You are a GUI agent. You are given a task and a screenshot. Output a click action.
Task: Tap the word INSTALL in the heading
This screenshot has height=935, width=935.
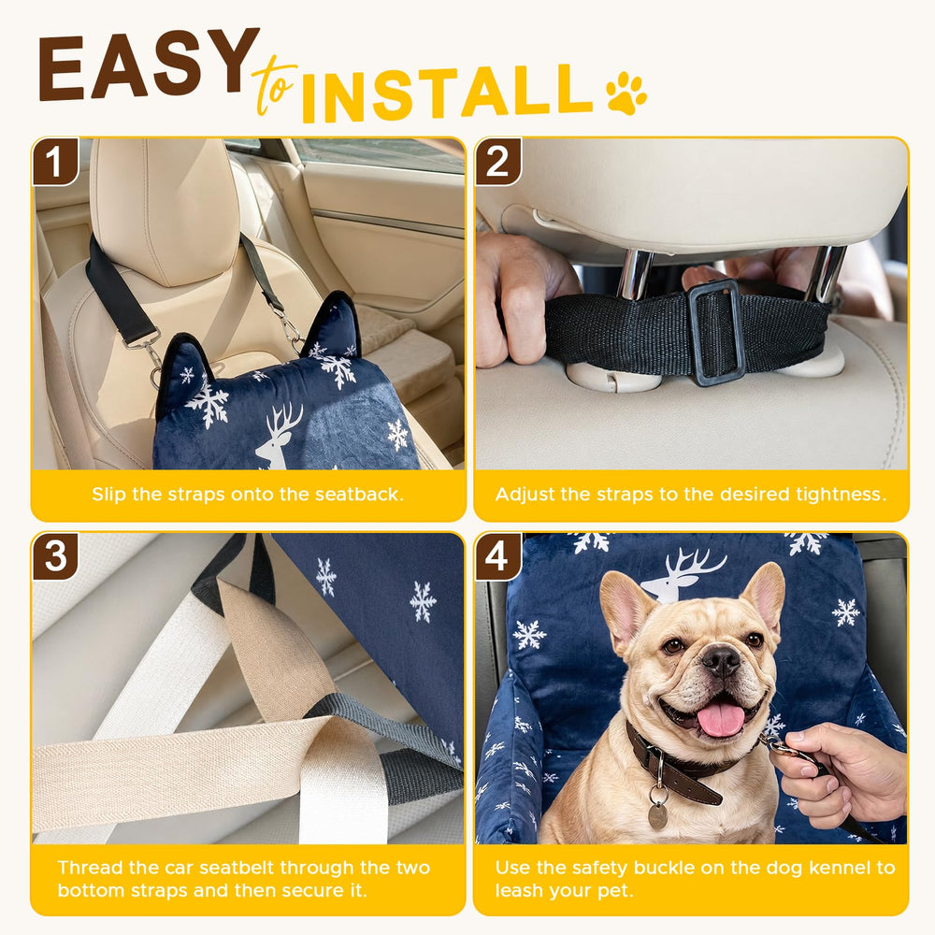(447, 93)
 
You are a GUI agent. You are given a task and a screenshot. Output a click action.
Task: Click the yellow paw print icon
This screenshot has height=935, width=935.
(626, 93)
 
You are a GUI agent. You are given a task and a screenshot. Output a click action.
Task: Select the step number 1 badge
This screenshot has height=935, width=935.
(55, 161)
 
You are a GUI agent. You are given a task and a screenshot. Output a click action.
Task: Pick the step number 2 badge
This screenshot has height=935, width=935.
(498, 161)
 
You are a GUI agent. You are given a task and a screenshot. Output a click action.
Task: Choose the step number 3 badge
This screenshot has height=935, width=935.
(55, 556)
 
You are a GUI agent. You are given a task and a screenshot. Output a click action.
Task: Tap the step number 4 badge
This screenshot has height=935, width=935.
(498, 556)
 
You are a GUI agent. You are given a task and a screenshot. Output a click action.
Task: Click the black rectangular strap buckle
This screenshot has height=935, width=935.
(715, 332)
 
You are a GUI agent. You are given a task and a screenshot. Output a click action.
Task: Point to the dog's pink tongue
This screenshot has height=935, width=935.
(722, 719)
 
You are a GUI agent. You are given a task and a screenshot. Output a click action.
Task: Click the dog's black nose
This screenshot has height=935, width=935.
(722, 659)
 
